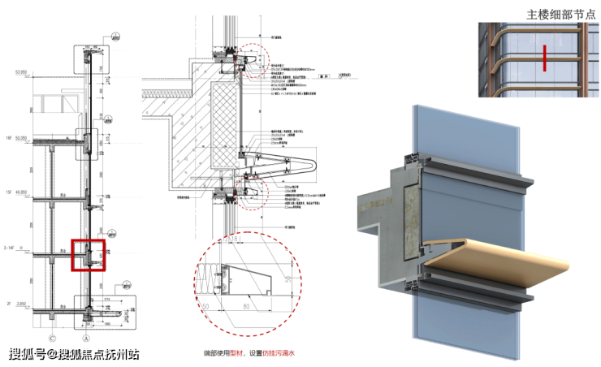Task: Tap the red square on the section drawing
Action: [88, 254]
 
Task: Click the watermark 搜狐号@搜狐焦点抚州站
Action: [74, 354]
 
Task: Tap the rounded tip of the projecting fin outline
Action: [313, 170]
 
